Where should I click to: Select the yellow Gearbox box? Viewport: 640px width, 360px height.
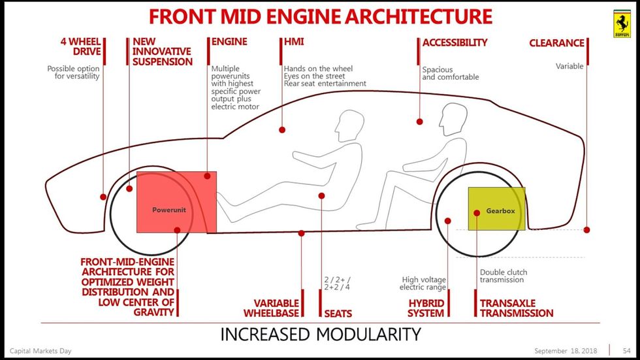[x=496, y=209]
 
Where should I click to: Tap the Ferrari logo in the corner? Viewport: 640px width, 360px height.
[x=622, y=24]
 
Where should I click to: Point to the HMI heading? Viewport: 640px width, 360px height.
[x=294, y=42]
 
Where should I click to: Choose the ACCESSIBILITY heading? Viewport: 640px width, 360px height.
[x=455, y=42]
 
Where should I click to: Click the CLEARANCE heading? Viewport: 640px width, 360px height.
[x=556, y=43]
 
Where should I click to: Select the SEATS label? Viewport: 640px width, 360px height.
[x=338, y=314]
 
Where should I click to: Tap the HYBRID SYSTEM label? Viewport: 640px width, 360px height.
[x=426, y=308]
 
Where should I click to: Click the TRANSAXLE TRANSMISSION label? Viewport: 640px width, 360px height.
[x=516, y=308]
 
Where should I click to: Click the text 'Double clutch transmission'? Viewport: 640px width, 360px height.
[x=503, y=276]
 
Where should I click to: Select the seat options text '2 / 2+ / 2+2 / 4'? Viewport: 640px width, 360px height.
[x=337, y=283]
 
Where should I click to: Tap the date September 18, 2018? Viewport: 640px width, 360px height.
[x=566, y=352]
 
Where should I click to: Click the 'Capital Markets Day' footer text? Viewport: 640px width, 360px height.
[x=40, y=352]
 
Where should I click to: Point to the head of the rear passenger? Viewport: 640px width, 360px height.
[x=453, y=120]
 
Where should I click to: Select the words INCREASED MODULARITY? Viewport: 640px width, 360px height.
[x=320, y=335]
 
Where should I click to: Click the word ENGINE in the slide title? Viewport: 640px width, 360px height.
[x=320, y=16]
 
